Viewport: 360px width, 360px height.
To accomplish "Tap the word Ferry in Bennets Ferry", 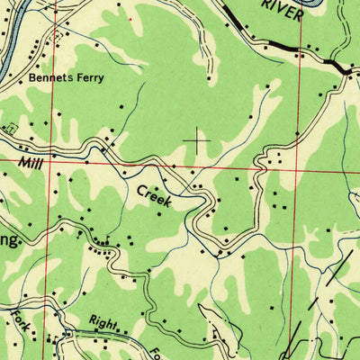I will [x=88, y=78].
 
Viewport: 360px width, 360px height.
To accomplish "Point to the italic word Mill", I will [x=31, y=162].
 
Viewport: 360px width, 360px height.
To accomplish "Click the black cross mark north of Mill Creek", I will [x=196, y=139].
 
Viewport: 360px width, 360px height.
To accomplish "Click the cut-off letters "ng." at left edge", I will [x=7, y=242].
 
